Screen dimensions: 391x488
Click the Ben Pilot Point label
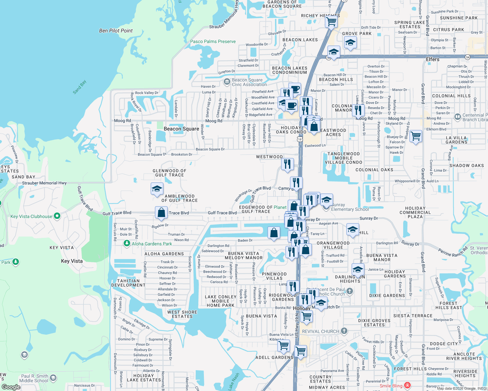coord(116,31)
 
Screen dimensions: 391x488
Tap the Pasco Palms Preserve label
coord(213,41)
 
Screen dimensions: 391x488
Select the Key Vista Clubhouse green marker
coord(57,216)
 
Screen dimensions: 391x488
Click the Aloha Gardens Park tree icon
coord(127,243)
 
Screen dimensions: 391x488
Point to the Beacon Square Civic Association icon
coord(227,82)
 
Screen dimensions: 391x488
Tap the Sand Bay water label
coord(79,87)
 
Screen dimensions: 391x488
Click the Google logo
coord(11,387)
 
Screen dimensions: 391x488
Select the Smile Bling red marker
coord(407,386)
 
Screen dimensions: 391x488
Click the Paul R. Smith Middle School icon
coord(53,378)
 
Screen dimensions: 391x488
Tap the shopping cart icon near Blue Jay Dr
coord(416,136)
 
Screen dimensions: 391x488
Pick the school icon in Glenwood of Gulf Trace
coord(157,189)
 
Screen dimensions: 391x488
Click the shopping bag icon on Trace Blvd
coord(161,213)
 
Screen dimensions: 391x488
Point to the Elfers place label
coord(433,59)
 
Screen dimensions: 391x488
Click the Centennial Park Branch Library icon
coord(457,116)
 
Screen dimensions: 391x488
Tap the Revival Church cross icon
coord(344,331)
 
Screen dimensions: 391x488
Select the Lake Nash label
coord(234,381)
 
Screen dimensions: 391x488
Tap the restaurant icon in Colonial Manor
coord(358,110)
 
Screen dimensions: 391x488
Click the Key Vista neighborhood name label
coord(72,261)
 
